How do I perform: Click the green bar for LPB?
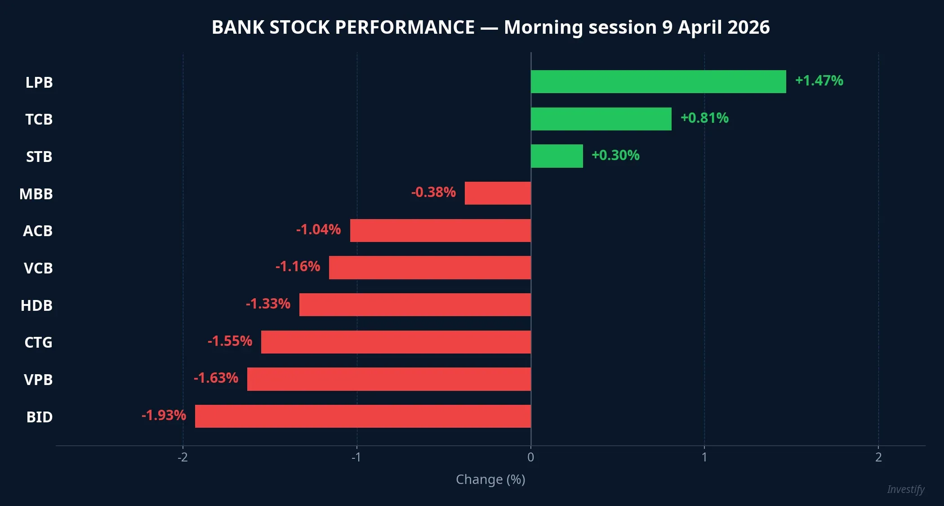click(x=658, y=82)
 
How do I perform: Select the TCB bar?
click(x=601, y=119)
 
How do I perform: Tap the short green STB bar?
click(x=557, y=156)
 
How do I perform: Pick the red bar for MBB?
click(x=498, y=193)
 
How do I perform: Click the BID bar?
click(x=363, y=416)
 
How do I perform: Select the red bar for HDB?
click(x=415, y=305)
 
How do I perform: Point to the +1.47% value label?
click(x=819, y=81)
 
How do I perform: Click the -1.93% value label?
click(x=164, y=415)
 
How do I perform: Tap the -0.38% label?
click(x=433, y=193)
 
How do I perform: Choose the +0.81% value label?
click(x=704, y=118)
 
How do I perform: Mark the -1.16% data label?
click(x=298, y=267)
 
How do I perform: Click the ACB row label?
click(x=38, y=231)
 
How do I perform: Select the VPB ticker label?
click(x=38, y=380)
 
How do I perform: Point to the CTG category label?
click(x=38, y=343)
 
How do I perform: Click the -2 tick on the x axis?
click(x=183, y=457)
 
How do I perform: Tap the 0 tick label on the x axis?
click(x=530, y=457)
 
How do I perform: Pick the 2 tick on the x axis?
click(x=878, y=457)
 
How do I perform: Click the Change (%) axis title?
click(x=490, y=479)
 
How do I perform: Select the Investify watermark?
click(x=906, y=489)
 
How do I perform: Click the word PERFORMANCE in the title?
click(x=405, y=27)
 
